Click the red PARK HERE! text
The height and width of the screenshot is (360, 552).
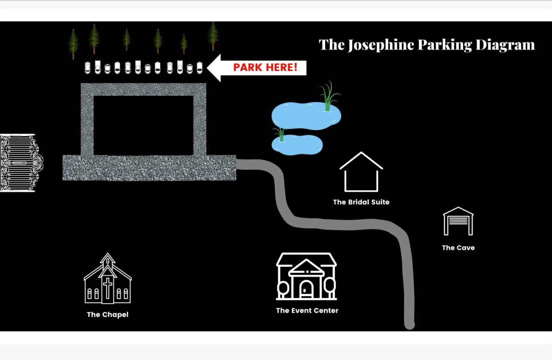tap(265, 68)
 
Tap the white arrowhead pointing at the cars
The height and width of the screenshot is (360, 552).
tap(214, 68)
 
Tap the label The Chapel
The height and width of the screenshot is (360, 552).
tap(107, 315)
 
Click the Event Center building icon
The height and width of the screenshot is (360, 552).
tap(306, 276)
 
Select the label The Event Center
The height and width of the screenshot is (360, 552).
tap(307, 311)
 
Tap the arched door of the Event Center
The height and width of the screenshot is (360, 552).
tap(306, 289)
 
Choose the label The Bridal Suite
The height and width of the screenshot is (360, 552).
tap(361, 202)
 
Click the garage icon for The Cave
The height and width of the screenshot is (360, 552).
tap(458, 221)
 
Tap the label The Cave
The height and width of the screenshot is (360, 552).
tap(458, 248)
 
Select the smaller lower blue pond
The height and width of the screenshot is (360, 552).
tap(297, 145)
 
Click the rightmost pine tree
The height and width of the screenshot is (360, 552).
tap(213, 36)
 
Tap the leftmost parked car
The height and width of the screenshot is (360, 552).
tap(88, 67)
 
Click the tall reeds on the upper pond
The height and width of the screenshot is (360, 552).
tap(328, 97)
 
